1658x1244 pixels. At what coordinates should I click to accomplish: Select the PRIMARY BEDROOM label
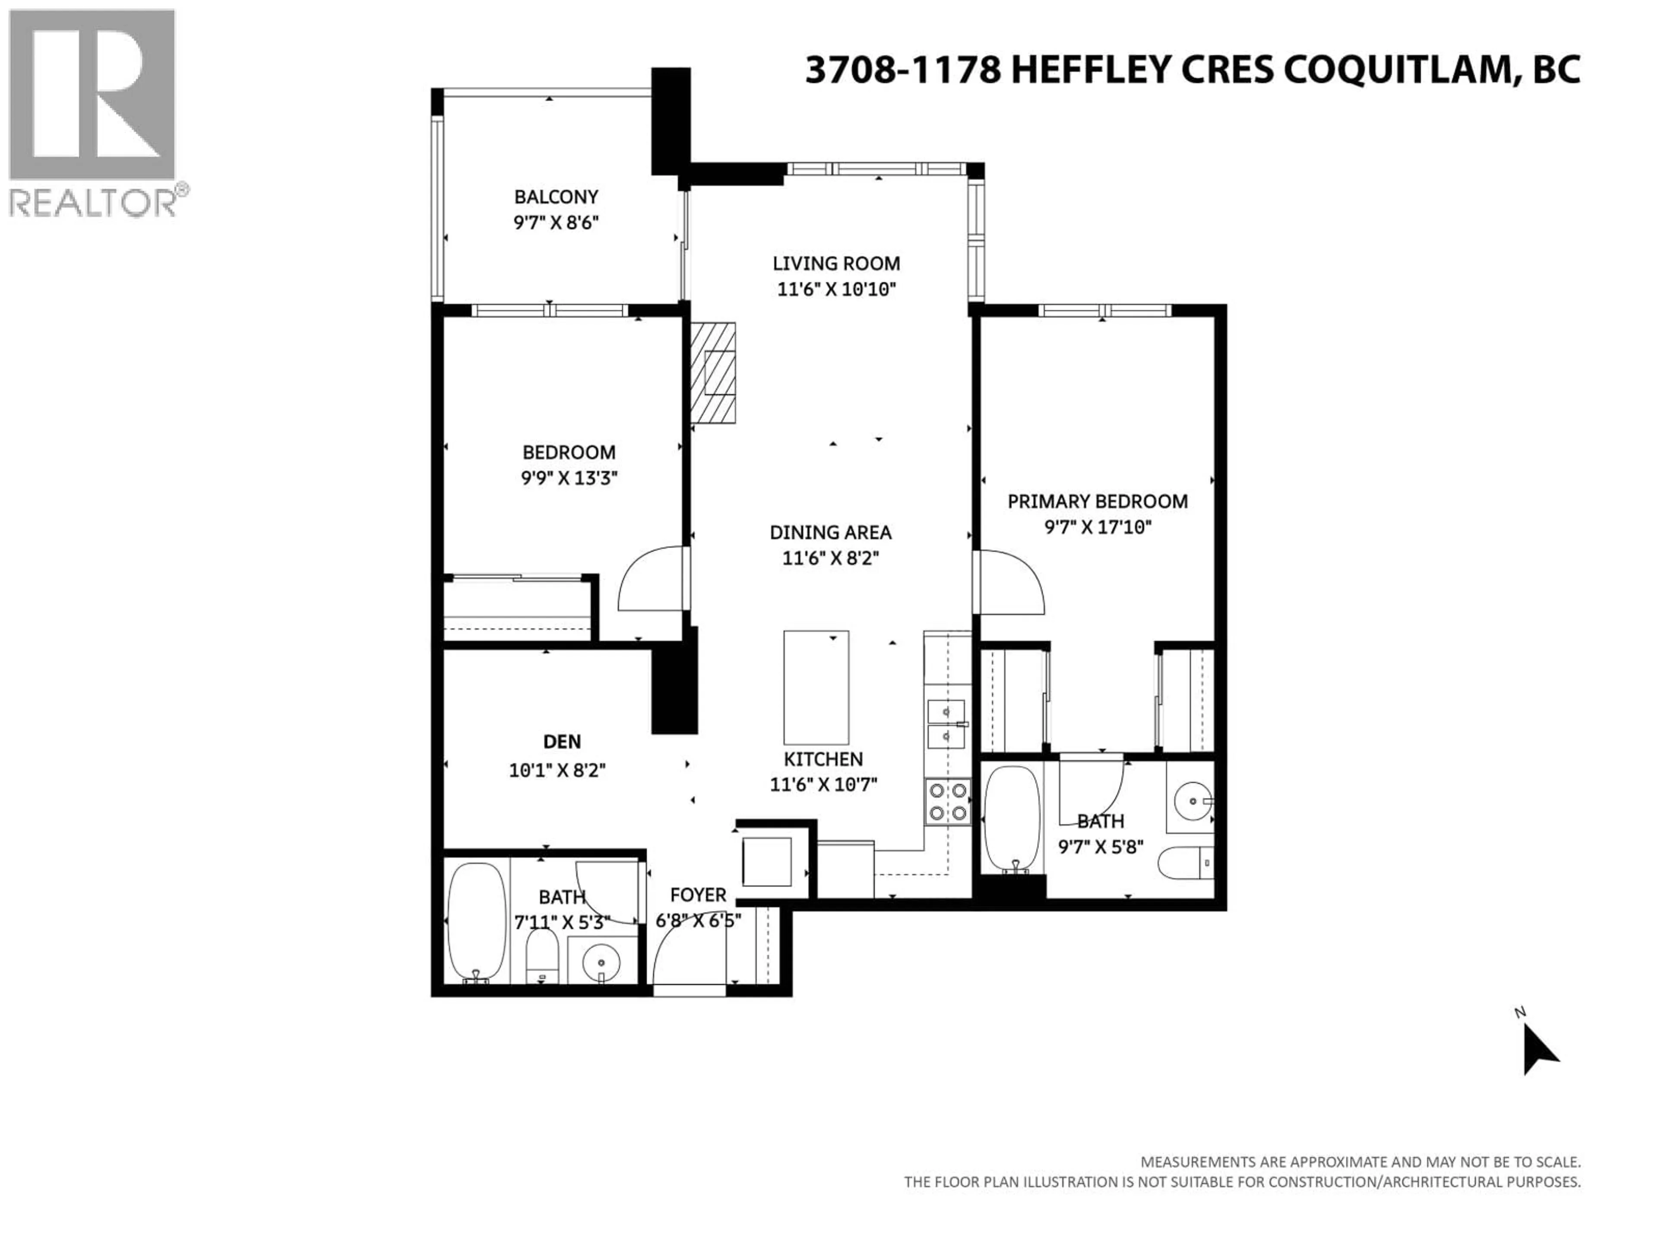click(1097, 501)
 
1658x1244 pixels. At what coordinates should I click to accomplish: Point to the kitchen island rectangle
click(816, 687)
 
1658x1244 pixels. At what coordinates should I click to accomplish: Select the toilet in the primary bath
click(1184, 863)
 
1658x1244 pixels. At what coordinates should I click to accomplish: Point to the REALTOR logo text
click(94, 203)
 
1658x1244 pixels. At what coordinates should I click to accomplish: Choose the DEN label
click(561, 742)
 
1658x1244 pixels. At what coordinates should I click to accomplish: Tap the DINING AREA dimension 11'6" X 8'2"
click(830, 559)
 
